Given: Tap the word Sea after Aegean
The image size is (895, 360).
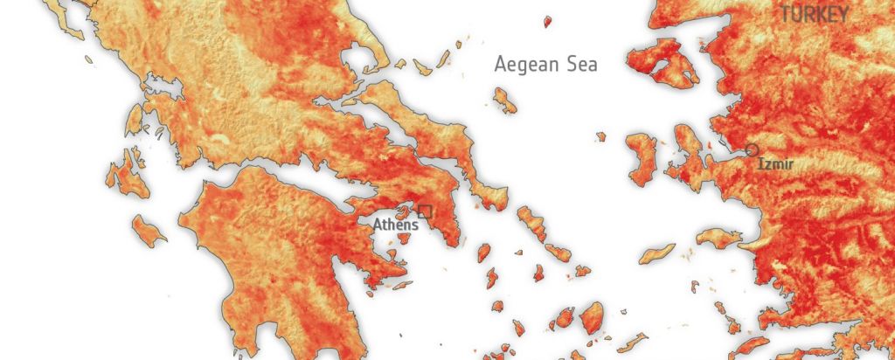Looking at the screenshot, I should (581, 64).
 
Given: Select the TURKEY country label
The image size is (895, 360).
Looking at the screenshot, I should (815, 14).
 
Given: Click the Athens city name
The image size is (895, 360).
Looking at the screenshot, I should (395, 225).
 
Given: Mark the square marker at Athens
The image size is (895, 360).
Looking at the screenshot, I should (426, 211).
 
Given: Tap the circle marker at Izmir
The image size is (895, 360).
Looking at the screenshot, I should (752, 150).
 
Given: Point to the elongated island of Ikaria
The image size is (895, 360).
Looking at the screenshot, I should (656, 253).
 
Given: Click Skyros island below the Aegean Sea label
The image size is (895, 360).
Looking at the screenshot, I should (504, 100).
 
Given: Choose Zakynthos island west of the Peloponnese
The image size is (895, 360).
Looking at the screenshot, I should (149, 230).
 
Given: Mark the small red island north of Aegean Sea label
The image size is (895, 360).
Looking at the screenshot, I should (548, 21).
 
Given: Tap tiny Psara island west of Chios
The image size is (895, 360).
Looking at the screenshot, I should (600, 136).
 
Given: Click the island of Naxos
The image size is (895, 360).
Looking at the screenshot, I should (592, 317).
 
